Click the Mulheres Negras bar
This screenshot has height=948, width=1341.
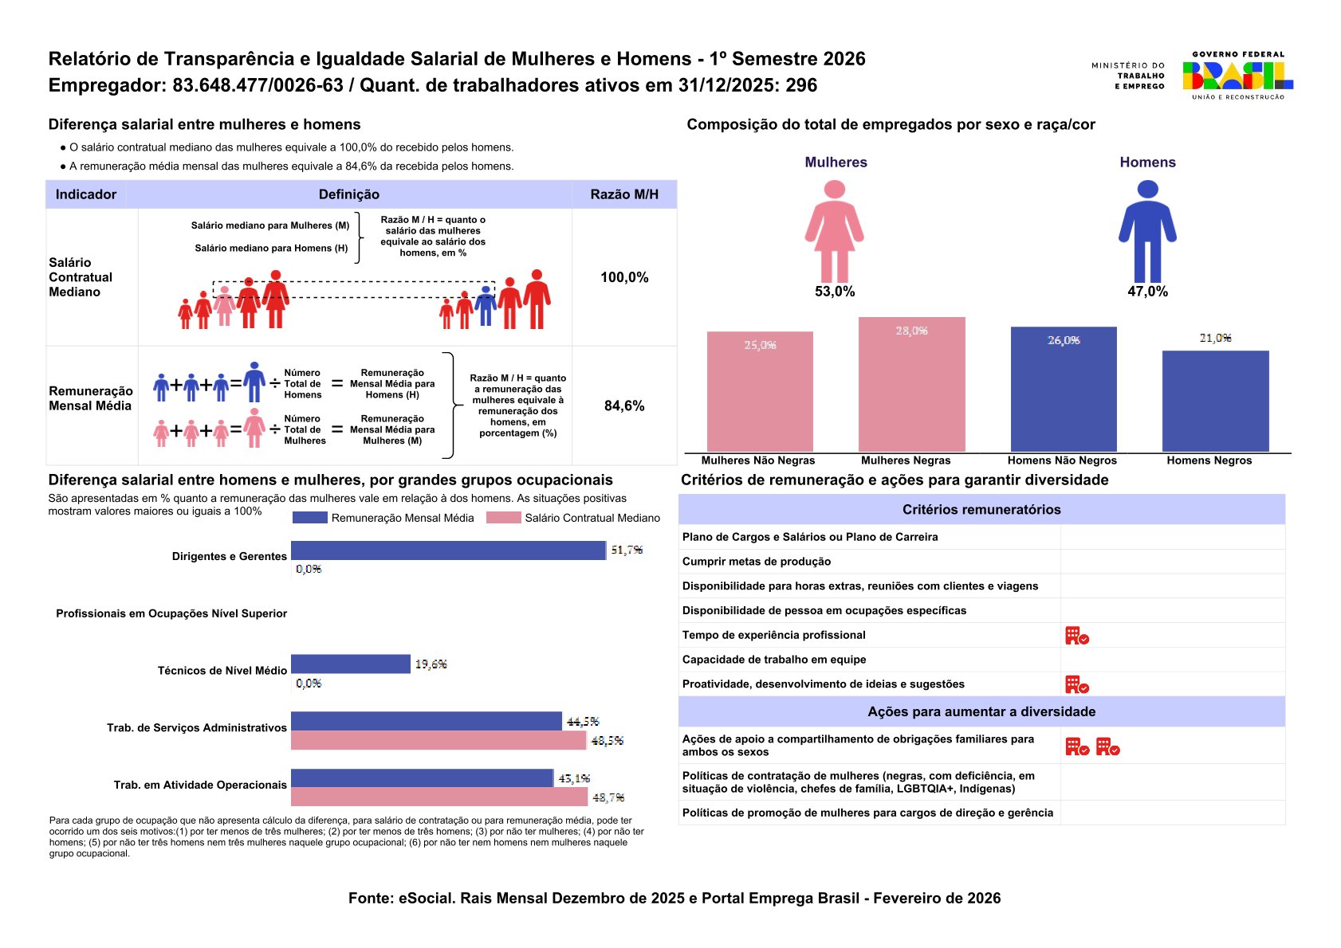click(x=911, y=385)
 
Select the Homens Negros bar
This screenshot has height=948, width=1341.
click(x=1215, y=401)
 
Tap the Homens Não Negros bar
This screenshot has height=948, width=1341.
click(x=1064, y=389)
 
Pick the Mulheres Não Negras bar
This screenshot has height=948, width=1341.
click(x=760, y=391)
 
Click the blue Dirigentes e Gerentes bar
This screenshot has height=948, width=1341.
click(x=448, y=550)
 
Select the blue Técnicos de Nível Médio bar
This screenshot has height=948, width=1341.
click(x=351, y=664)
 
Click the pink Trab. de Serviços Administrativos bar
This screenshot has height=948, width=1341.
click(x=438, y=740)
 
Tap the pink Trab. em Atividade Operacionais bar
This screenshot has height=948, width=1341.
click(x=439, y=797)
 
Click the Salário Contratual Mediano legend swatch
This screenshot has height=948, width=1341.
click(x=503, y=518)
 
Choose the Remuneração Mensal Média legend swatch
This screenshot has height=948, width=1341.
click(x=309, y=518)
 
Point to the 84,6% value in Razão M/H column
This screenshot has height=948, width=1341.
click(x=624, y=405)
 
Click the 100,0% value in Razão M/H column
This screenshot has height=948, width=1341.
click(x=624, y=277)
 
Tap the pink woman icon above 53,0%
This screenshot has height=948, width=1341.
click(x=834, y=230)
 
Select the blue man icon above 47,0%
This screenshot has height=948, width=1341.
click(x=1147, y=230)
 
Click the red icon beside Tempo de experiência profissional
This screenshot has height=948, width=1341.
click(x=1076, y=636)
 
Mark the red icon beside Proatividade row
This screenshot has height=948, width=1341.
click(x=1076, y=684)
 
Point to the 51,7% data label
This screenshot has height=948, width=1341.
click(x=627, y=550)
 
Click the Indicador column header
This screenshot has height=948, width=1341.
click(x=86, y=194)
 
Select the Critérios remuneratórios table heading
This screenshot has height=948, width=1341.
click(x=981, y=510)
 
